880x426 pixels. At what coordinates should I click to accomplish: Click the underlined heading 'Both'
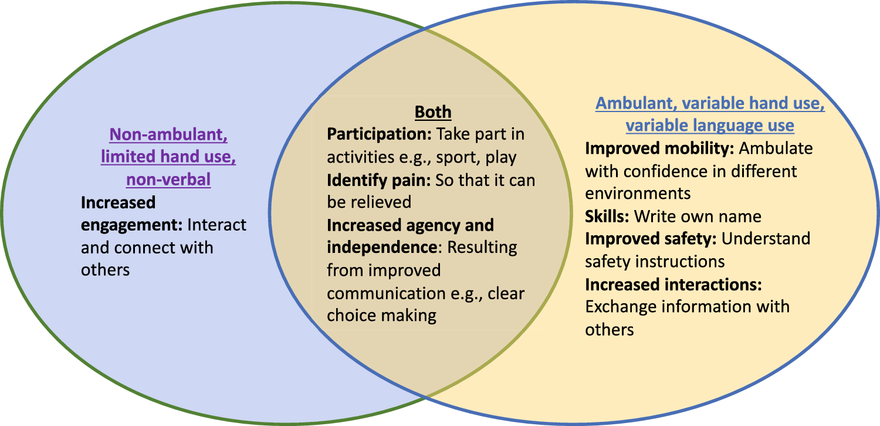[433, 112]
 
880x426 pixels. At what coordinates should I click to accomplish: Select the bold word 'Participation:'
[380, 134]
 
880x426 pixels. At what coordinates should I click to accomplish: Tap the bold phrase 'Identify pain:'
[379, 180]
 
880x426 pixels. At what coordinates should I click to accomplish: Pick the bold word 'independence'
[382, 248]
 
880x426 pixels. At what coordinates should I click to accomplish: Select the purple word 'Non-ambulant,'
[168, 135]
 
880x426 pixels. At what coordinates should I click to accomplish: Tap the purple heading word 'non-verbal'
[168, 180]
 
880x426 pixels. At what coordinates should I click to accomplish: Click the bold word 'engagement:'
[131, 225]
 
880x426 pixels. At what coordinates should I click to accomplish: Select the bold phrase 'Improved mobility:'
[659, 149]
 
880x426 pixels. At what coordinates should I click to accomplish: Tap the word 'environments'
[638, 194]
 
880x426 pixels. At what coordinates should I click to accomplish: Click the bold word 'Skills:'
[607, 217]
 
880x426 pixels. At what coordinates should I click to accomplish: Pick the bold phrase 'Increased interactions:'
[673, 285]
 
